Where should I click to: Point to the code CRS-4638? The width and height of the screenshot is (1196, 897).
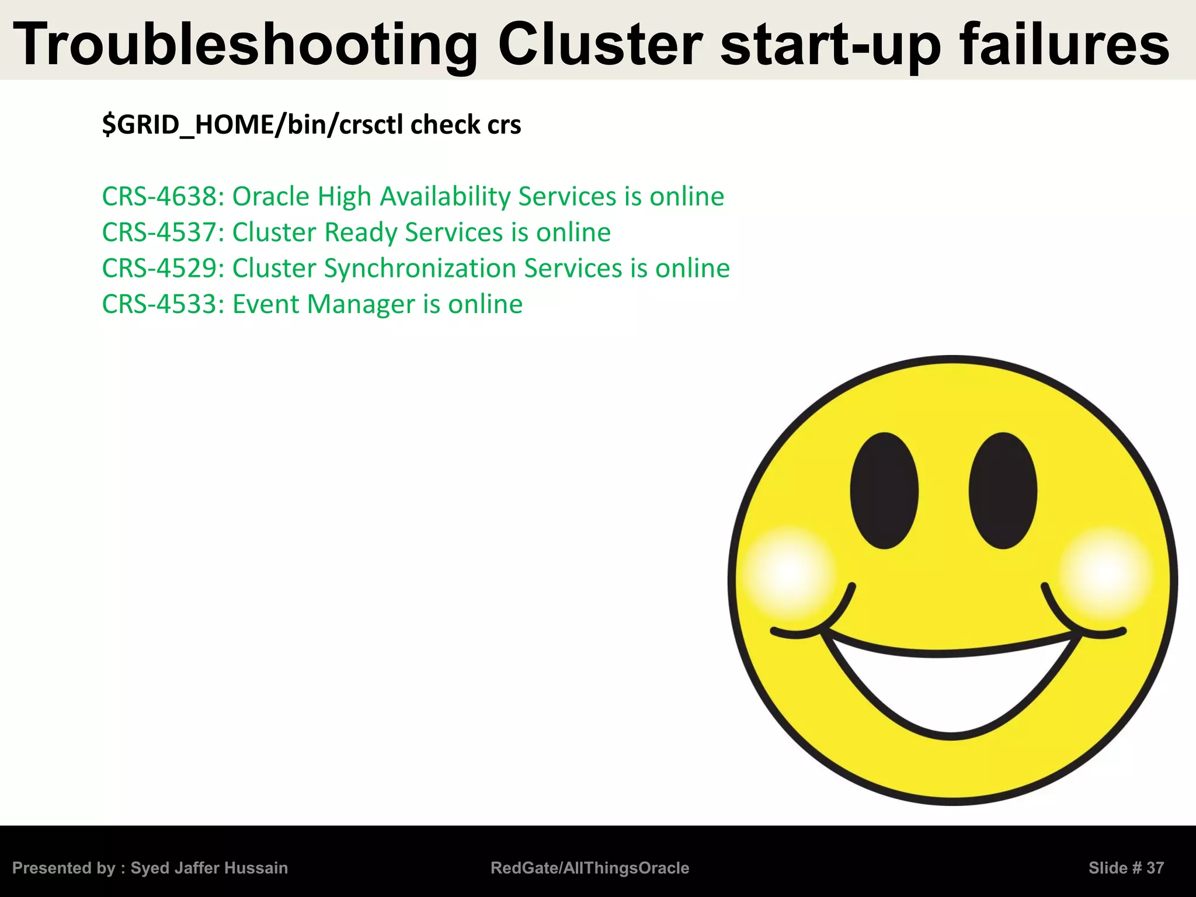(159, 197)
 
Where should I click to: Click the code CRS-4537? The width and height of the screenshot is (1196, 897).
(159, 232)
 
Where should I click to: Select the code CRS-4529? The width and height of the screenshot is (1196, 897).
(159, 269)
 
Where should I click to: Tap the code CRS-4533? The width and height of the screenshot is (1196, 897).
(159, 304)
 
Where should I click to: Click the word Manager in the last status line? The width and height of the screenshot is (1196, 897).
(361, 304)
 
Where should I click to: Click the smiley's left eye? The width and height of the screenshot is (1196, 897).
(884, 491)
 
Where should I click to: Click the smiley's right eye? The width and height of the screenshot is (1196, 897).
(1003, 491)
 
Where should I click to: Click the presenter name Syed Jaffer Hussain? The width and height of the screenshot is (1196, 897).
(209, 868)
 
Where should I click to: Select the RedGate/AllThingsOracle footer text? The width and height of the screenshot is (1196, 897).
(590, 868)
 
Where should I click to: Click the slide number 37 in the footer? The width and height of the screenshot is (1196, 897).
(1155, 868)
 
